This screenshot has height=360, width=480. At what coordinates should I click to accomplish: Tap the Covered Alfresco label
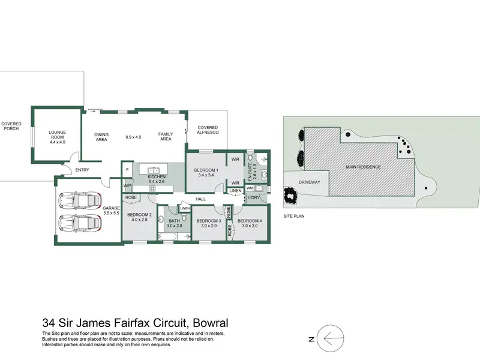(208, 130)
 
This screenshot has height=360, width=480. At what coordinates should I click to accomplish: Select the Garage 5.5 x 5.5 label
(111, 211)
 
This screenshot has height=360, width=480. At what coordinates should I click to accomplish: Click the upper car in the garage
(80, 200)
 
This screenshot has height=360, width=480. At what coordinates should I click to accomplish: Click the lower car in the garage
(80, 223)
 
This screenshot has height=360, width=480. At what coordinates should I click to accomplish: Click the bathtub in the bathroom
(168, 236)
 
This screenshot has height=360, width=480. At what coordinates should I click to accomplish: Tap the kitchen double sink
(154, 170)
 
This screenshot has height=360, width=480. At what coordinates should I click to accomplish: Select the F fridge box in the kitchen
(127, 170)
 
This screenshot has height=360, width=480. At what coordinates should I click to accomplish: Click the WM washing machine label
(250, 188)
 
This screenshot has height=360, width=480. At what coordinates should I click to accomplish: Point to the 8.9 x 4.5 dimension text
(133, 137)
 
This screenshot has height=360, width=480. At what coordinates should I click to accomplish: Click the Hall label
(201, 199)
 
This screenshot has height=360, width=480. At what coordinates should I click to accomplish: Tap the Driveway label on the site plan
(309, 182)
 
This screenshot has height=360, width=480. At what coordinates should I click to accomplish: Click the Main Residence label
(364, 167)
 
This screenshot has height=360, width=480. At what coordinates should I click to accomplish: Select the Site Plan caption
(294, 216)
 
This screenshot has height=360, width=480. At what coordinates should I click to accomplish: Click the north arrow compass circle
(331, 338)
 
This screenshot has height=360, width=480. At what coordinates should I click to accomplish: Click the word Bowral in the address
(211, 323)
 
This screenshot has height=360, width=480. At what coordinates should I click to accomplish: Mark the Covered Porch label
(11, 126)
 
